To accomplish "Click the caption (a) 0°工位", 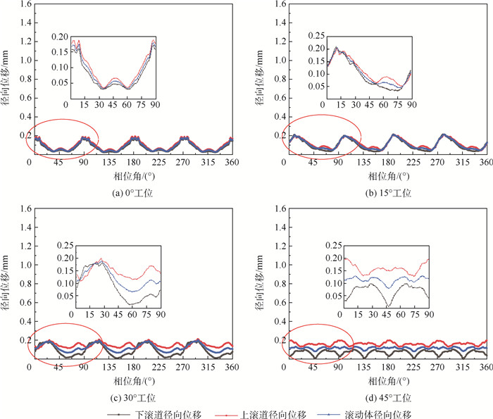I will (132, 192).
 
